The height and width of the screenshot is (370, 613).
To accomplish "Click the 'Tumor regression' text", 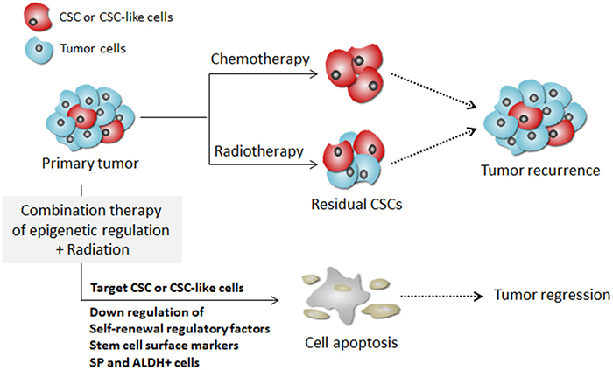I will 553,294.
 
